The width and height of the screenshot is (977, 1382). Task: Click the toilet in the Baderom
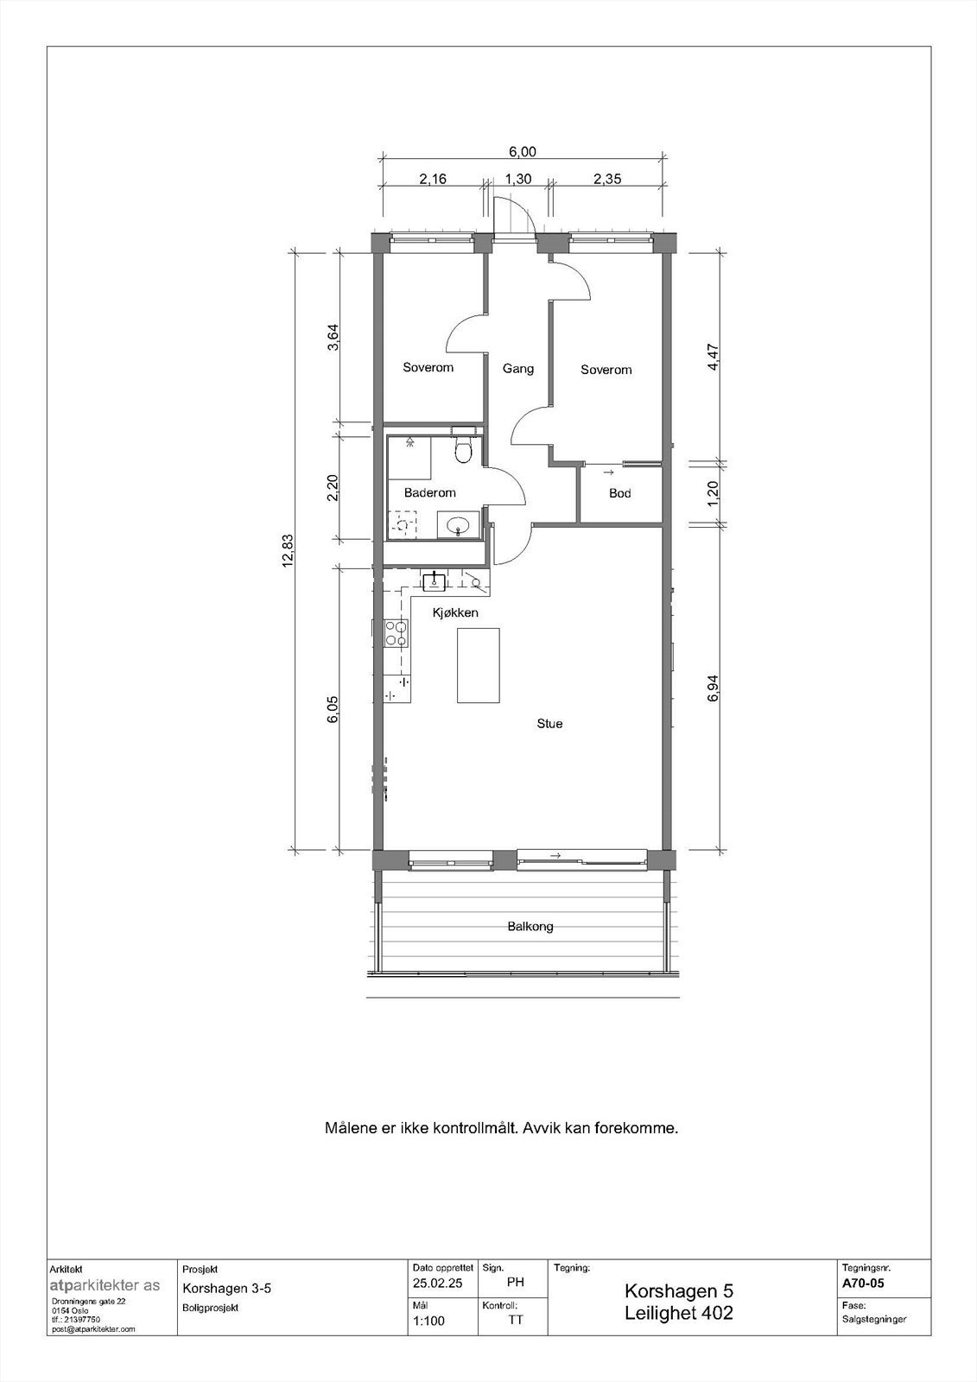click(x=464, y=450)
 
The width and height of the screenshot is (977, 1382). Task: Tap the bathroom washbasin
click(x=458, y=524)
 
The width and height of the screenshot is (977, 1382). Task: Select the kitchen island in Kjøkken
click(x=478, y=666)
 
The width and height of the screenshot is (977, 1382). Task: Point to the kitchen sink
click(x=434, y=580)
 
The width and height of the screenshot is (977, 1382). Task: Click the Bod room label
click(x=619, y=493)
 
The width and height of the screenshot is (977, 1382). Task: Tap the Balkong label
click(x=530, y=926)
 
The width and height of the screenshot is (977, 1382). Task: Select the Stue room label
click(x=549, y=723)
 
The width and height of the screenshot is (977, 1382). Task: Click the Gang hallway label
click(x=518, y=369)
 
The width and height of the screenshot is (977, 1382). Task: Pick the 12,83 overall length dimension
click(x=288, y=549)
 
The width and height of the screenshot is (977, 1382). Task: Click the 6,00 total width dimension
click(x=522, y=152)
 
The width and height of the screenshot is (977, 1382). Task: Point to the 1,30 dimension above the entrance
click(x=517, y=180)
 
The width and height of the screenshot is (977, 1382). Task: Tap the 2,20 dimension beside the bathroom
click(x=333, y=488)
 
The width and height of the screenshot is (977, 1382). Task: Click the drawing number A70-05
click(x=862, y=1283)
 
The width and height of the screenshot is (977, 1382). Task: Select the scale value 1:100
click(x=428, y=1321)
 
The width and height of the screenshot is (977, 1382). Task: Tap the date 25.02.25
click(x=438, y=1284)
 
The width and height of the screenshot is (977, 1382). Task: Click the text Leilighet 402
click(x=678, y=1313)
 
